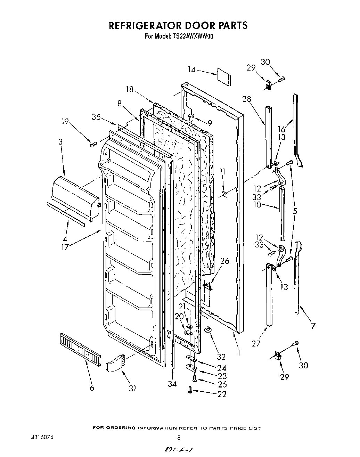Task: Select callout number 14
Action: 191,70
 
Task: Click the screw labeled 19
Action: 93,144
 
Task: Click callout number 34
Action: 172,383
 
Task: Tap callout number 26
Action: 225,261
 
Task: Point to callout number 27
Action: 256,343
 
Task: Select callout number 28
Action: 246,99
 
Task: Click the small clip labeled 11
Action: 224,193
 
